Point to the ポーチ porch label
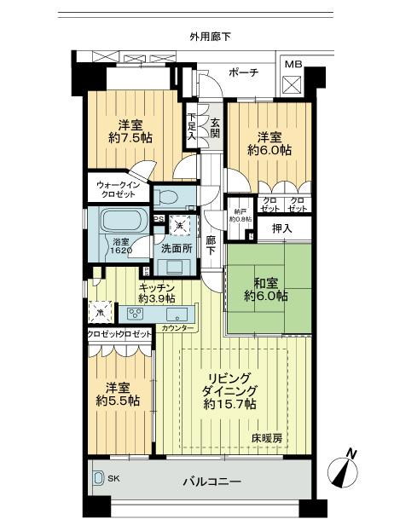tap(244, 72)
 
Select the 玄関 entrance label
tap(215, 129)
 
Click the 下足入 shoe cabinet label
tap(193, 128)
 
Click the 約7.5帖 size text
tap(125, 138)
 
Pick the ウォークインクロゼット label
tap(118, 188)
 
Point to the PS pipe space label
tap(159, 218)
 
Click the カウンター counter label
tap(177, 328)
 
